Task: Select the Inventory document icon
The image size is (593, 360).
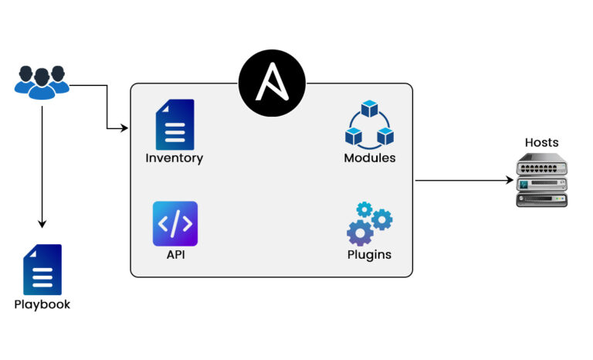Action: [x=175, y=124]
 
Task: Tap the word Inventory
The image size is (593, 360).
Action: [x=175, y=158]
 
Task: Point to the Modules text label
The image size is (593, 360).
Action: [x=369, y=158]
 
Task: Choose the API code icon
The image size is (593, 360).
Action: [x=175, y=224]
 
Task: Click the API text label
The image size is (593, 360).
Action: [x=175, y=255]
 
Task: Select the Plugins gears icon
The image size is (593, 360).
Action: [x=369, y=223]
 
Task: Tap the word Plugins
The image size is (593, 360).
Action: [x=369, y=255]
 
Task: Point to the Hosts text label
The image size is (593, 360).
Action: [x=541, y=143]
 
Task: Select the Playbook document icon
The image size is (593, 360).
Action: [x=42, y=270]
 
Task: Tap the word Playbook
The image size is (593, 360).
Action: [x=42, y=304]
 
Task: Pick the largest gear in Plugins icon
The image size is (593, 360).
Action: [x=360, y=232]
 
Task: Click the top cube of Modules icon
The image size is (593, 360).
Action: [x=369, y=109]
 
